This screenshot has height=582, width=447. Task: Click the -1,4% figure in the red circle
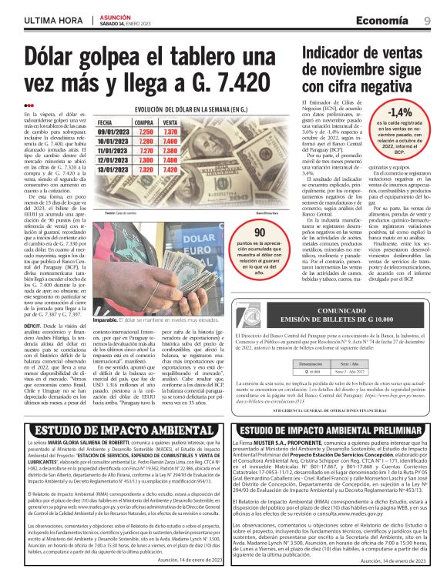401,113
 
